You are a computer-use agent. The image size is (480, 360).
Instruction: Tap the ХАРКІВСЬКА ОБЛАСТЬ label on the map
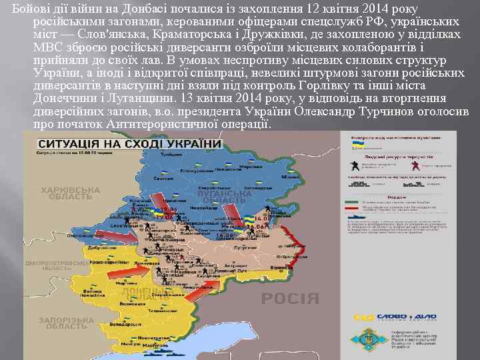(x=70, y=193)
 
